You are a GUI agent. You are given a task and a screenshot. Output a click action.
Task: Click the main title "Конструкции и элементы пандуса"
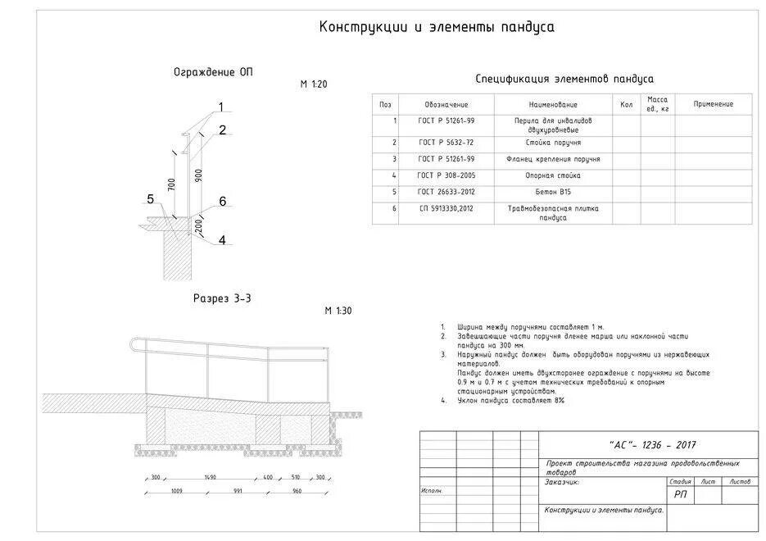tap(436, 27)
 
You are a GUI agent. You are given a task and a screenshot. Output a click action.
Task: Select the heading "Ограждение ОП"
tap(213, 73)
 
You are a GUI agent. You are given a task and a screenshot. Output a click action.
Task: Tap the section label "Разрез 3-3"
tap(221, 299)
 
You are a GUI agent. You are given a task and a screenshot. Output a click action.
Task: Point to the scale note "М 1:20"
tap(313, 84)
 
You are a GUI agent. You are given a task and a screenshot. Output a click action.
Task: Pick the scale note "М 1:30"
tap(337, 311)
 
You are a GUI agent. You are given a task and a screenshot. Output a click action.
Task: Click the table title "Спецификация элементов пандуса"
tap(564, 80)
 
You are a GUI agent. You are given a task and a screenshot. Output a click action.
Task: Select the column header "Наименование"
tap(552, 105)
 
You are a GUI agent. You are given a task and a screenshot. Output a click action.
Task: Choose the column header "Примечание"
tap(713, 104)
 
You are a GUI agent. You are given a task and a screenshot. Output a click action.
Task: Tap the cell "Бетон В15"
tap(552, 192)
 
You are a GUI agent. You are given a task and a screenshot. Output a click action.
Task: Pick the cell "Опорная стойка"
tap(552, 175)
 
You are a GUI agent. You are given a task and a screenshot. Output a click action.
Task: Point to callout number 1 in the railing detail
tap(220, 107)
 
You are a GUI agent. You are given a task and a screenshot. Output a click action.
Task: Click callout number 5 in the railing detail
tap(150, 199)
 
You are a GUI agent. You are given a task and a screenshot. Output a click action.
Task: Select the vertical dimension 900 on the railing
tap(198, 175)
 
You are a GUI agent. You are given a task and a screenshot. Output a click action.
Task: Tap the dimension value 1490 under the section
tap(211, 477)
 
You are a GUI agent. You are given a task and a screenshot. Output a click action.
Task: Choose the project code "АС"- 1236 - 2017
tap(651, 445)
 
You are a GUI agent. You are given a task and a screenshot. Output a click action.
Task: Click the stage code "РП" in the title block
tap(680, 494)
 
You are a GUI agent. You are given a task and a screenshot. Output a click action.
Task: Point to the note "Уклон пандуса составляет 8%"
tap(511, 401)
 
